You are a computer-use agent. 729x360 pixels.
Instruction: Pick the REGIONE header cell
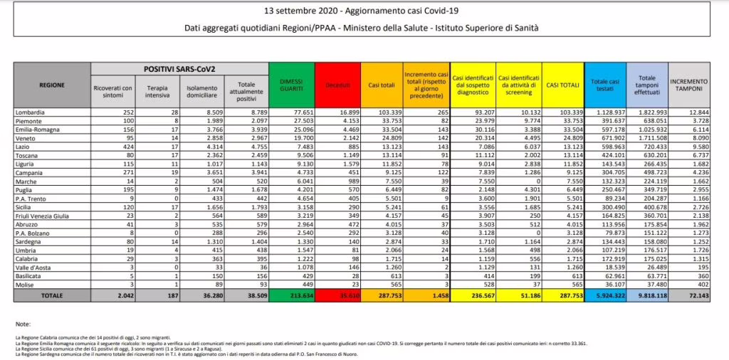51,85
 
